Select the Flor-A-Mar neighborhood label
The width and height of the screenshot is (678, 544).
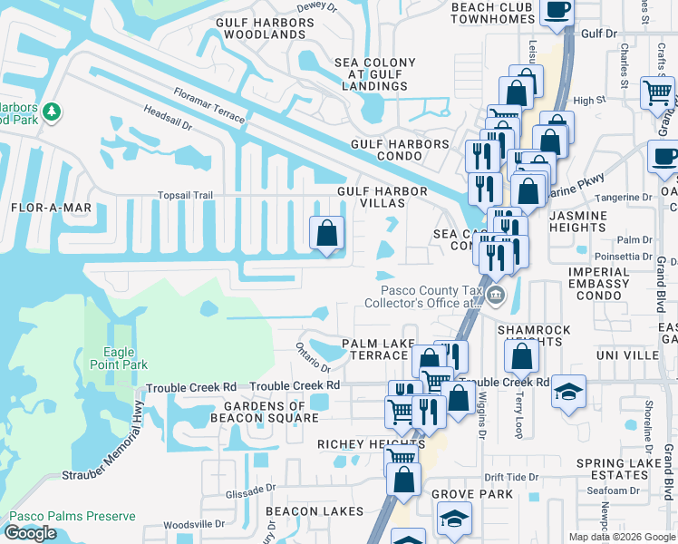point(52,208)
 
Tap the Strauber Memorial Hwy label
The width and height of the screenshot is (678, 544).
point(106,458)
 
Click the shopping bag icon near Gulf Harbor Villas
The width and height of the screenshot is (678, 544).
point(327,233)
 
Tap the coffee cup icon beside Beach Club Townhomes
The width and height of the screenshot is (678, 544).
point(557,10)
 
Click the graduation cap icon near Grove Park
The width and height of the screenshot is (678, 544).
point(455,519)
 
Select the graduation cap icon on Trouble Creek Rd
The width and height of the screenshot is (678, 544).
point(568,391)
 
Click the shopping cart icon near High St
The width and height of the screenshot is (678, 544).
point(657,92)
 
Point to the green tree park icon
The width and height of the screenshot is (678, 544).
point(53,112)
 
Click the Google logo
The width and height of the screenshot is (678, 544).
point(30,533)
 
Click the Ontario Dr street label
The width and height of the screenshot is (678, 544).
point(314,355)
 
